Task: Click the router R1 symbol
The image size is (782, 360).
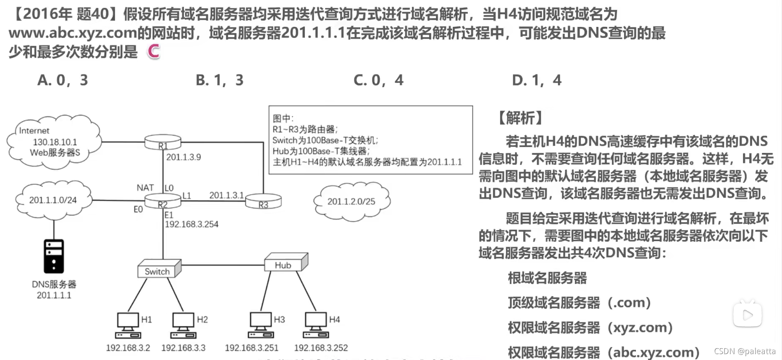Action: [163, 142]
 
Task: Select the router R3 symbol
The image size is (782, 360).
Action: [263, 201]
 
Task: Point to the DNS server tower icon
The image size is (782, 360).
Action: [54, 256]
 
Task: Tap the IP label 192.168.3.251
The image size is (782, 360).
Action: [252, 348]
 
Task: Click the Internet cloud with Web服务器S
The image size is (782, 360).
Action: [54, 142]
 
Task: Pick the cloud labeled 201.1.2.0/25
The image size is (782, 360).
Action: [352, 201]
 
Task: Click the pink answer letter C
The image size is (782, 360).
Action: [154, 52]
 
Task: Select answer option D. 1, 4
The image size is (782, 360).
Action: [536, 80]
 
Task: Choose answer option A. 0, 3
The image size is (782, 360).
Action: [63, 80]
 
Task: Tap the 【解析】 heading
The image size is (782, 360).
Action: [520, 118]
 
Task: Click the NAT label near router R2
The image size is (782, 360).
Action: [145, 188]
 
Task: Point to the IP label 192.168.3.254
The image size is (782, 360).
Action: [192, 224]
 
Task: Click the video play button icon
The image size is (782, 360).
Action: [747, 315]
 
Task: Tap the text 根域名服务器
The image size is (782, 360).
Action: [547, 278]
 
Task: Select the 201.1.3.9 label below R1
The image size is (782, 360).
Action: [184, 157]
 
